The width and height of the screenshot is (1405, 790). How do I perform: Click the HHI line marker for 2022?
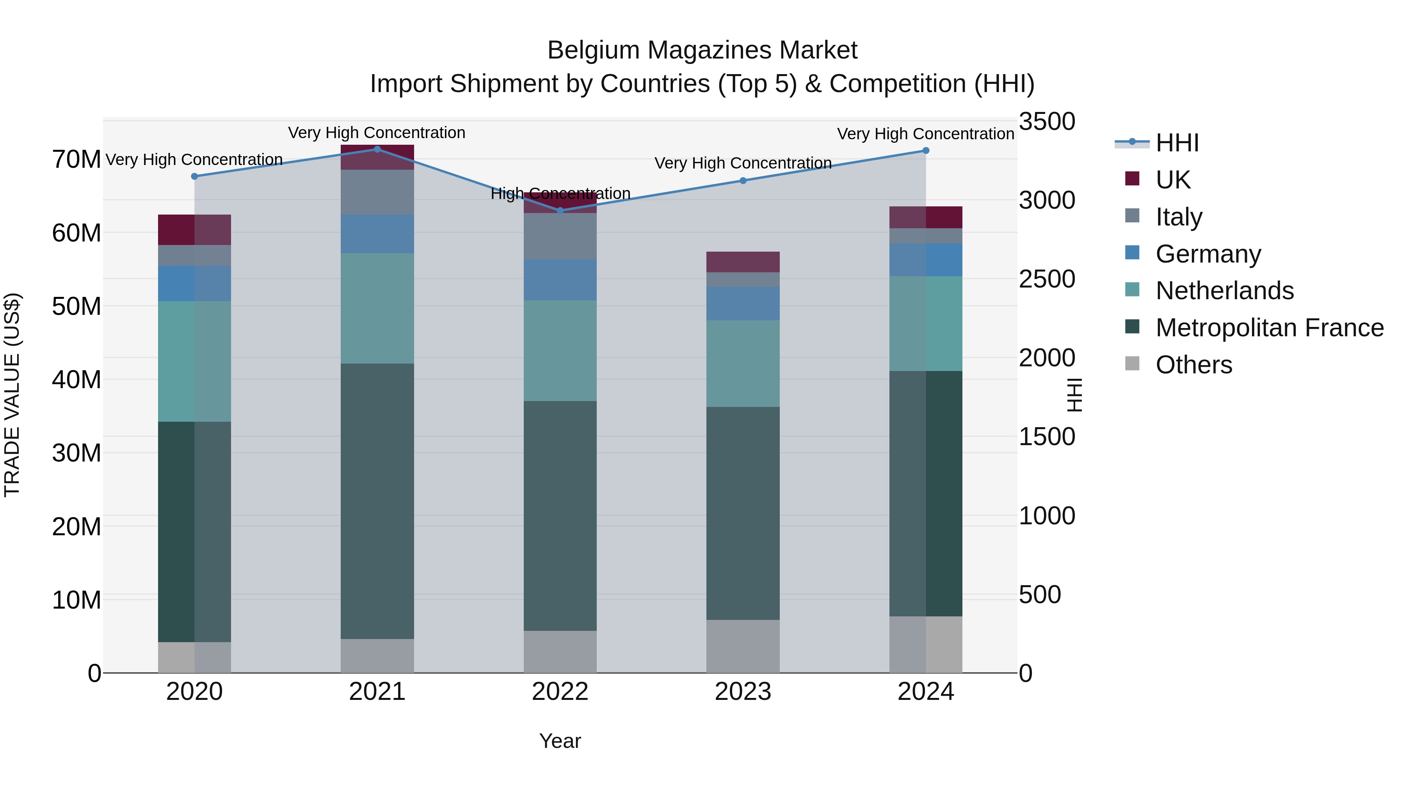pyautogui.click(x=560, y=210)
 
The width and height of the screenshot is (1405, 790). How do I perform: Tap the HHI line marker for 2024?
pyautogui.click(x=926, y=151)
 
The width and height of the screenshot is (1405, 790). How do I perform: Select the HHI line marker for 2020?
pyautogui.click(x=195, y=176)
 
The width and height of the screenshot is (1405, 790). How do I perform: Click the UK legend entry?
pyautogui.click(x=1173, y=179)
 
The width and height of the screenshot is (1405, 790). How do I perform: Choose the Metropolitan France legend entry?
pyautogui.click(x=1269, y=328)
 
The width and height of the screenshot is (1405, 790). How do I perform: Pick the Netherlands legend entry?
pyautogui.click(x=1224, y=291)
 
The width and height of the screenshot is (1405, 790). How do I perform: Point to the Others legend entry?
pyautogui.click(x=1193, y=365)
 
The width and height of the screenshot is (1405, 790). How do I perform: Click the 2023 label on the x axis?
pyautogui.click(x=743, y=692)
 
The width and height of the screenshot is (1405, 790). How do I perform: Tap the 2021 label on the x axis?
pyautogui.click(x=377, y=692)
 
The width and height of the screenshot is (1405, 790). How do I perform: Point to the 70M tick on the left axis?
pyautogui.click(x=76, y=160)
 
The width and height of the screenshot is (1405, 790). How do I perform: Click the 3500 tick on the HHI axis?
pyautogui.click(x=1047, y=122)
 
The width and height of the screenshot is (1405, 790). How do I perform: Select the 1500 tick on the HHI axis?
pyautogui.click(x=1047, y=437)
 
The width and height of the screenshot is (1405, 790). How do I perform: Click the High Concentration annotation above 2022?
pyautogui.click(x=560, y=194)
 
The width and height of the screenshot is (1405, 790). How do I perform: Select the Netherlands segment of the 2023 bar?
pyautogui.click(x=743, y=363)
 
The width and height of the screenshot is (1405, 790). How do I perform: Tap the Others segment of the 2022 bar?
pyautogui.click(x=560, y=652)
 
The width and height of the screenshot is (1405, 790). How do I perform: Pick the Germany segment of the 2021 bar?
pyautogui.click(x=377, y=234)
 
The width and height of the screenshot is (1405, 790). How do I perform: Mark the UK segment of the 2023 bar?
pyautogui.click(x=743, y=262)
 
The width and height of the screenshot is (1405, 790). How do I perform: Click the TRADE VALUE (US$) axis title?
pyautogui.click(x=12, y=395)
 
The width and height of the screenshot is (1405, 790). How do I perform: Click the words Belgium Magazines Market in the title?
pyautogui.click(x=702, y=50)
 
